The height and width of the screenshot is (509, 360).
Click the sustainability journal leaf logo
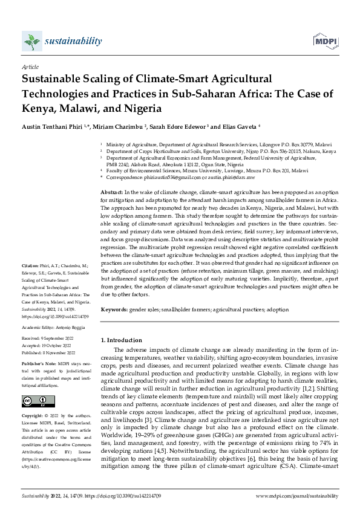[x=30, y=41]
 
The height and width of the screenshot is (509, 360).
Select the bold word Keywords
[x=113, y=309]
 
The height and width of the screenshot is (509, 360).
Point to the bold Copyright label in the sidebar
[x=33, y=417]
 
